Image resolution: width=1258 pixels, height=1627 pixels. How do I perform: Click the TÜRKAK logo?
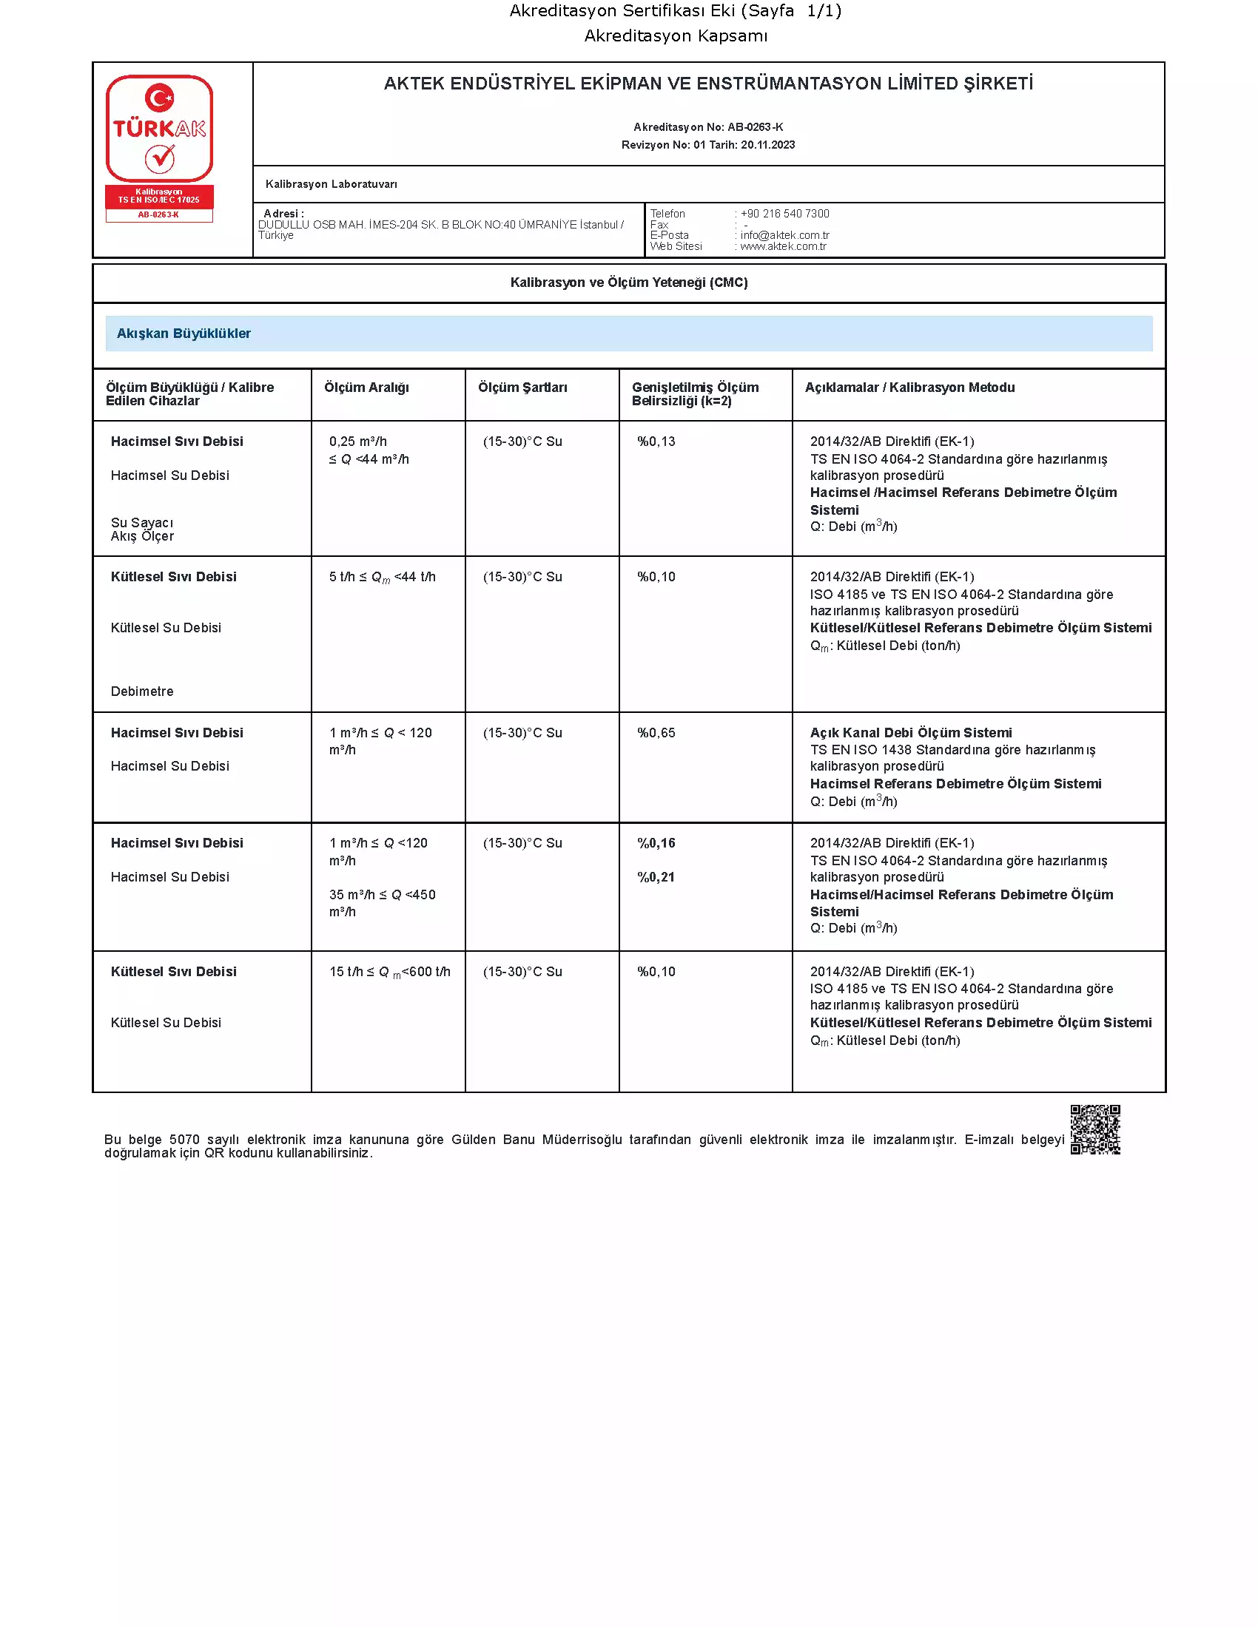tap(159, 128)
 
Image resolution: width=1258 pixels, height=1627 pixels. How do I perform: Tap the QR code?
tap(1094, 1129)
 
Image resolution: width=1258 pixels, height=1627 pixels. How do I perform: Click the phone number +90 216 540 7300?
tap(784, 214)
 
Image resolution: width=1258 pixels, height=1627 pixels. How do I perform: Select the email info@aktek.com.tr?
tap(784, 235)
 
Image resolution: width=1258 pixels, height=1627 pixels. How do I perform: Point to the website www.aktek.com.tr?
tap(782, 246)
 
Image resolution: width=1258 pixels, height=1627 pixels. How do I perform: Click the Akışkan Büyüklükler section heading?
tap(184, 334)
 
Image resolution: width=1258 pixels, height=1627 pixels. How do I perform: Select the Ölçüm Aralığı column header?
tap(366, 388)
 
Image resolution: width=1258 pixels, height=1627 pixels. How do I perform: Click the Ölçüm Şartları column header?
tap(522, 388)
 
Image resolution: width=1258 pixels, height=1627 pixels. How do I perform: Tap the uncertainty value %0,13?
tap(656, 442)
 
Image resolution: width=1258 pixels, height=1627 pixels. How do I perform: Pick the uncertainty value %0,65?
tap(656, 733)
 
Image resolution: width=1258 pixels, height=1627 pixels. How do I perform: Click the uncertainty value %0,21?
tap(656, 878)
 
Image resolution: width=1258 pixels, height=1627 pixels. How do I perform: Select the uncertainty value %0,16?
tap(656, 843)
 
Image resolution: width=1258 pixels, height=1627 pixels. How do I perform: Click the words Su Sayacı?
tap(141, 523)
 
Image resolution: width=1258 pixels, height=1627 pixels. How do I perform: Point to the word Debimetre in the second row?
tap(141, 691)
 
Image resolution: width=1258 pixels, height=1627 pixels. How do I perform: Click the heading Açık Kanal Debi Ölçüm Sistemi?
tap(911, 733)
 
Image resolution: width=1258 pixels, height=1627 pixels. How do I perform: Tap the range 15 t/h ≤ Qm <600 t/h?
tap(389, 973)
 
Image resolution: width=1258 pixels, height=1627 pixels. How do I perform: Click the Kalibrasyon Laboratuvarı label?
tap(331, 184)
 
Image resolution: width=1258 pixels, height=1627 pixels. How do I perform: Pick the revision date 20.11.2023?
tap(767, 145)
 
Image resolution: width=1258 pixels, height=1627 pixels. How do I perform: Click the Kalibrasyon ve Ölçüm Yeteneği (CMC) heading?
tap(629, 283)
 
